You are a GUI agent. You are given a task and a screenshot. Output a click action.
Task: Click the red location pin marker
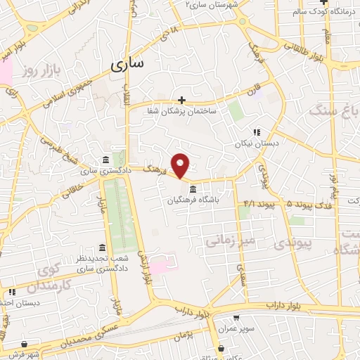point(181,165)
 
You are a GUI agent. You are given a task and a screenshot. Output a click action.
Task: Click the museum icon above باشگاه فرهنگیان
point(193,188)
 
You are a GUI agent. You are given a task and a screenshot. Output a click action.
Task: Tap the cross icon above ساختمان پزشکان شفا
point(182,100)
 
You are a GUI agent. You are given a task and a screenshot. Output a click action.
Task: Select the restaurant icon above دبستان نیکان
point(257,131)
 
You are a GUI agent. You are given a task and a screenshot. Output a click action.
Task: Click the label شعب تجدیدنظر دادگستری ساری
point(102,264)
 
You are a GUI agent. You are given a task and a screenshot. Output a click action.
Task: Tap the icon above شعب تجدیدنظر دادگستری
point(103,248)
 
